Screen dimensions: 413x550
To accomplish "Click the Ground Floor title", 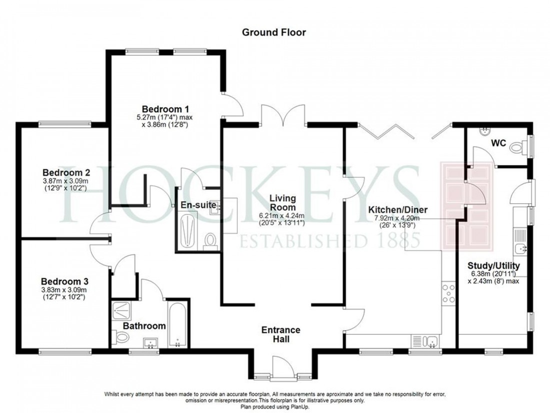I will point(273,33).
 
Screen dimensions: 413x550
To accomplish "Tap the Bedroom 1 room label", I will point(161,109).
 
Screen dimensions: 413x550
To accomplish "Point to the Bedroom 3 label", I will point(61,281).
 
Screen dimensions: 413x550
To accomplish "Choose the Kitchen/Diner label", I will point(394,210).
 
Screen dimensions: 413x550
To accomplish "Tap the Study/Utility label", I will point(493,265).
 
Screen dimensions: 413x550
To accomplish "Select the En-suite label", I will point(198,205).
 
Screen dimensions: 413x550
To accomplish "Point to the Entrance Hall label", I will point(281,334).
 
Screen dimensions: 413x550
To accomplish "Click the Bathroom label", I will point(144,326).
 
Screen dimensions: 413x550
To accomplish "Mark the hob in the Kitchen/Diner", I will point(448,293).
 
